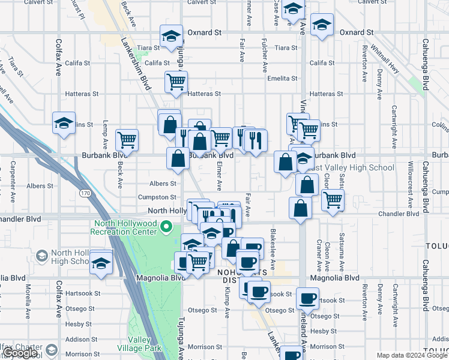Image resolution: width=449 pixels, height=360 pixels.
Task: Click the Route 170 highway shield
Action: pos(86,193)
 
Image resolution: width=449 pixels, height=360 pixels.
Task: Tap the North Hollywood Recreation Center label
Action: pos(124,228)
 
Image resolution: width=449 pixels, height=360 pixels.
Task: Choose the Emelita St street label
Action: pos(282,79)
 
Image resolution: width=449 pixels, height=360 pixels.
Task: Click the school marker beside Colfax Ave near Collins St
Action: pos(63,124)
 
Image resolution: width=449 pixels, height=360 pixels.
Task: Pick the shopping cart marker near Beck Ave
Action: pos(127,140)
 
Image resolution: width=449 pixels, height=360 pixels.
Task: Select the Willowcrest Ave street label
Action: pos(411,180)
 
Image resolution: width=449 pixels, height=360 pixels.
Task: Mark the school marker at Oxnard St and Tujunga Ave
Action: pos(171,37)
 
